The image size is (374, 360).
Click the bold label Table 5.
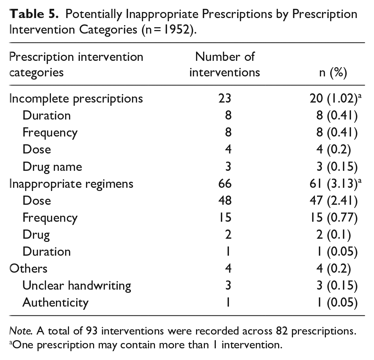pos(34,14)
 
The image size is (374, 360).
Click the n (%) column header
pos(333,72)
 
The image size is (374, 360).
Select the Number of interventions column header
pos(225,65)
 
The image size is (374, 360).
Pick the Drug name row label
pos(52,167)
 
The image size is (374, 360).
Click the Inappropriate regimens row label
pos(71,184)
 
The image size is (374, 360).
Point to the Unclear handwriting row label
pos(77,286)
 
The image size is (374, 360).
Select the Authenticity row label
pos(56,303)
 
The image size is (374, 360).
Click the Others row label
pos(28,269)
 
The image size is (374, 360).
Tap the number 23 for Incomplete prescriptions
pos(225,98)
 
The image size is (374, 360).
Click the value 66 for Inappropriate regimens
pos(225,184)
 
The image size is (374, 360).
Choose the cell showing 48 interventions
pos(225,201)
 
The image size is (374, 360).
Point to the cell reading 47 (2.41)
pos(334,201)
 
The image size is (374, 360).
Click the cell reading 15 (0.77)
pos(334,218)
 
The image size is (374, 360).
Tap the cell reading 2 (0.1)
pos(334,234)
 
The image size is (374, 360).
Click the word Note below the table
pos(21,331)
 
